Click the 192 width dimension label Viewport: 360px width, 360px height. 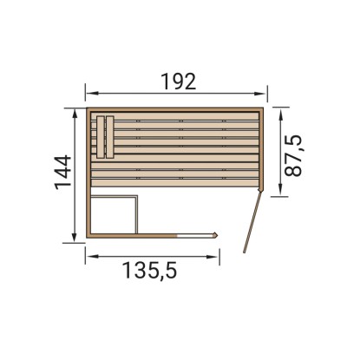pos(179,82)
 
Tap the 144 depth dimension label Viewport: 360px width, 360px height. pos(63,173)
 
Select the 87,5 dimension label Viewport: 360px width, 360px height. pos(293,155)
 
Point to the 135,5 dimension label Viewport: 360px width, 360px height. pos(149,271)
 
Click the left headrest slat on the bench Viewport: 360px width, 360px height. pos(100,137)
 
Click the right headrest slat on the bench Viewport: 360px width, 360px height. pos(110,137)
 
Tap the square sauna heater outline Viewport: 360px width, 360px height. pos(114,214)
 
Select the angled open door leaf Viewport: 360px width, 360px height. pos(252,222)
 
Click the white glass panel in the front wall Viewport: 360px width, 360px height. pos(194,236)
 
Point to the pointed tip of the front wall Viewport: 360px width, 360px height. pos(217,234)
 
